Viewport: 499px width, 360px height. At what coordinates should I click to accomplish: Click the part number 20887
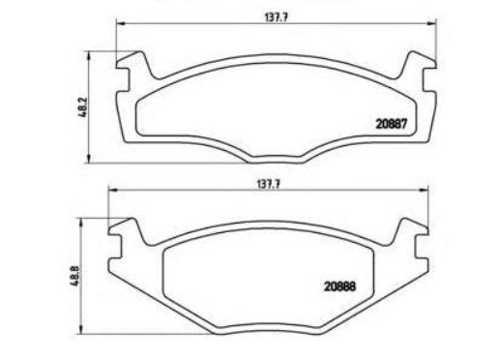click(x=392, y=124)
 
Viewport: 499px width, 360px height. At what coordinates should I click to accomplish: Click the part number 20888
click(x=339, y=286)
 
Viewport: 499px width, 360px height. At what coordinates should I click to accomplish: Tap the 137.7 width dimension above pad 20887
click(x=276, y=17)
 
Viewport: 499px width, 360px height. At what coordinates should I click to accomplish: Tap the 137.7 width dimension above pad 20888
click(x=268, y=185)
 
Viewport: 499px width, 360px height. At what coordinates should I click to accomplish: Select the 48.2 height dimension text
click(x=83, y=107)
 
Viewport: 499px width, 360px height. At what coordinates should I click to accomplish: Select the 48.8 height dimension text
click(x=74, y=276)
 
